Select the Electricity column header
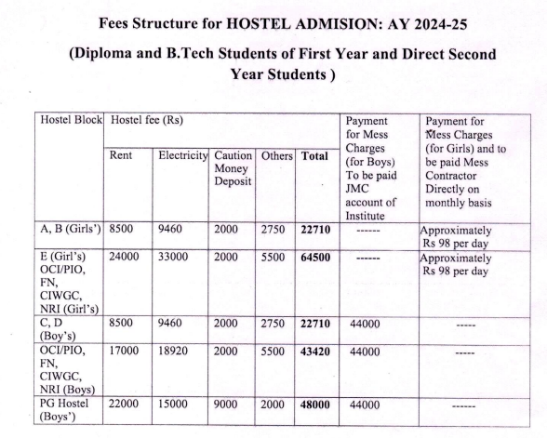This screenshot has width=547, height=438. [x=183, y=157]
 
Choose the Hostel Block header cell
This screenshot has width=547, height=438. [x=70, y=121]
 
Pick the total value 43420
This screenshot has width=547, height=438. [x=316, y=355]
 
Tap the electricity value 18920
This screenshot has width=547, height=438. [x=177, y=355]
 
